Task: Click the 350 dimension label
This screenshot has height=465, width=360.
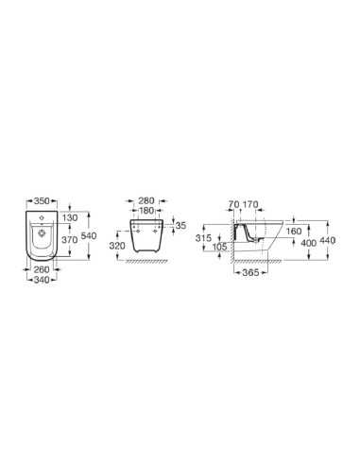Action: point(42,200)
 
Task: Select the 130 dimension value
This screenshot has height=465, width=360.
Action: point(70,217)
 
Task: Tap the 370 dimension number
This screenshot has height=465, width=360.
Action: point(70,240)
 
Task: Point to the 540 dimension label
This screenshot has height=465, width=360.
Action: point(89,235)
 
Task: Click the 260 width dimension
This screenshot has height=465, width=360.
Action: point(42,269)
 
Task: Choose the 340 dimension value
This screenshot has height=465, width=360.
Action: point(42,280)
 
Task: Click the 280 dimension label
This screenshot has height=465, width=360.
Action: point(146,200)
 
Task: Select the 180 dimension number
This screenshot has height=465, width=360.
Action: point(146,211)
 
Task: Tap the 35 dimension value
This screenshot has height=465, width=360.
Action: point(180,226)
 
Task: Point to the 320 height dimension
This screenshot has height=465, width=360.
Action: point(117,246)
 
